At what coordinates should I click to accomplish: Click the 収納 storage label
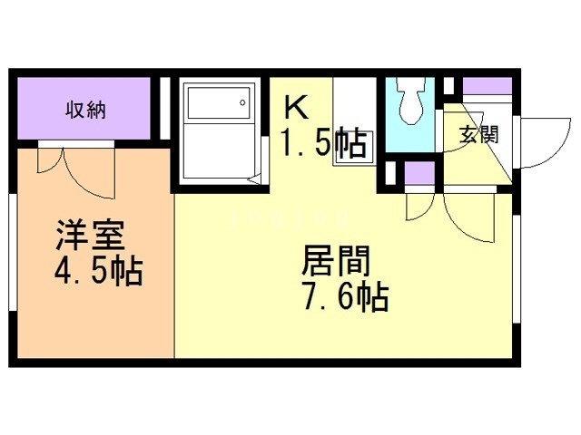pyautogui.click(x=85, y=111)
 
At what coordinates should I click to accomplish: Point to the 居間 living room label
pyautogui.click(x=336, y=263)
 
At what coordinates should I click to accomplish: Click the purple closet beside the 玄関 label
pyautogui.click(x=487, y=88)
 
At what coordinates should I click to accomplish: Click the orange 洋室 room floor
pyautogui.click(x=91, y=317)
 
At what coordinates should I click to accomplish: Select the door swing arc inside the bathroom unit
pyautogui.click(x=250, y=177)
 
